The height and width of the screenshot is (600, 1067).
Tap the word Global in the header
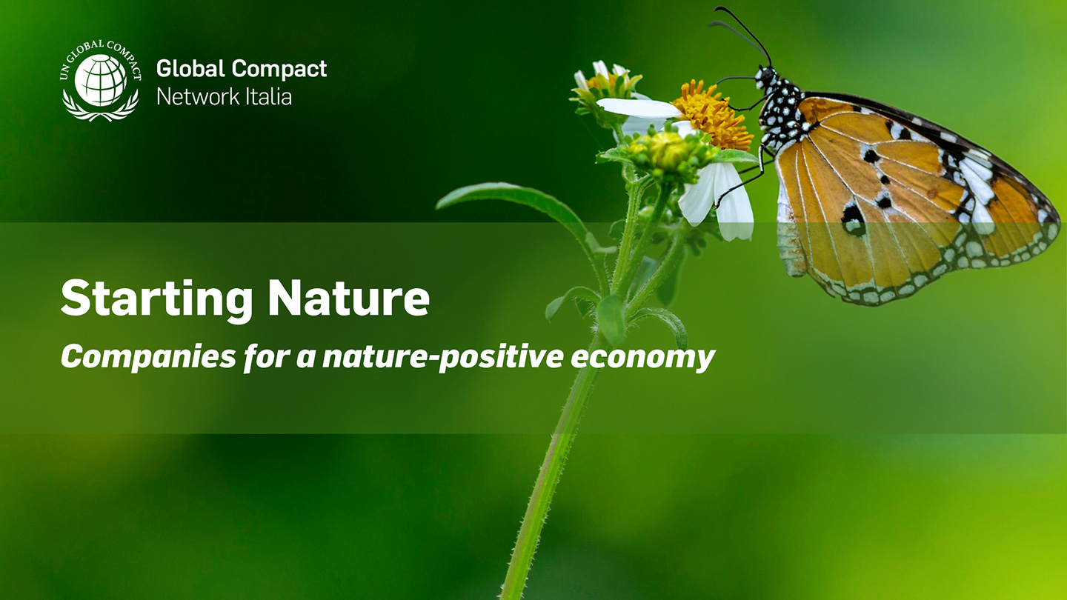(190, 69)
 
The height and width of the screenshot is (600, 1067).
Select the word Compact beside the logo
(279, 70)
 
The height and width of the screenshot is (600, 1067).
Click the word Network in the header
(198, 96)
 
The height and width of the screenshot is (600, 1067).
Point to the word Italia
(269, 96)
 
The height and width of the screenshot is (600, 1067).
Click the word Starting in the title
(157, 299)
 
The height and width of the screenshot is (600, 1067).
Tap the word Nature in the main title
(349, 298)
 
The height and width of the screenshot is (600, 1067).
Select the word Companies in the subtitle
(149, 357)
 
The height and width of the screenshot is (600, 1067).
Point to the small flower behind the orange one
(605, 87)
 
